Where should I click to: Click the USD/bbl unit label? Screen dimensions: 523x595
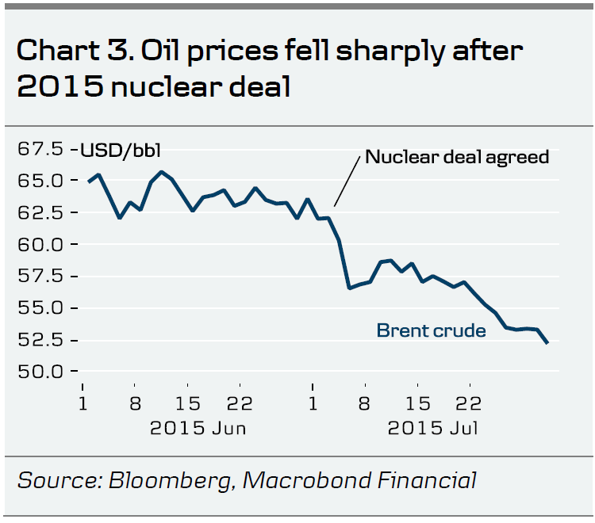(x=116, y=149)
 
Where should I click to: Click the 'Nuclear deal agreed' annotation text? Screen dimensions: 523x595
(x=457, y=156)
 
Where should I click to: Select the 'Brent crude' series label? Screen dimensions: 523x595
(x=431, y=330)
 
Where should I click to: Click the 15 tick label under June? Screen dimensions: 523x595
(x=188, y=403)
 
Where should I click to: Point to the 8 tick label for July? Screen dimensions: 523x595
(x=365, y=403)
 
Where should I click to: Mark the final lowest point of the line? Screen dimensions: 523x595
(x=548, y=343)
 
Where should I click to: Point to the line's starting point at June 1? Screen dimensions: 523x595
(x=89, y=181)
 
